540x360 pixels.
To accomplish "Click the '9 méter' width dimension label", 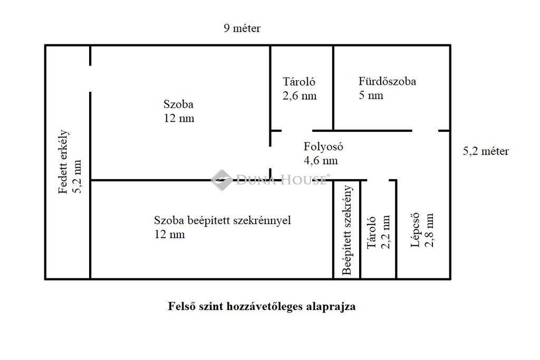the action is (x=242, y=28).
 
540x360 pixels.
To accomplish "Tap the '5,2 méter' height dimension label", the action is (x=486, y=151).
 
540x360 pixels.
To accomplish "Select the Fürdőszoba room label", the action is (x=387, y=81).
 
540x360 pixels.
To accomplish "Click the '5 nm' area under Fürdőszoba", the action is (x=371, y=95).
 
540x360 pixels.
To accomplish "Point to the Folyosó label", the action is (x=323, y=147).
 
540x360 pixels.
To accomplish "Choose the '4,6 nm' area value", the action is (x=321, y=160).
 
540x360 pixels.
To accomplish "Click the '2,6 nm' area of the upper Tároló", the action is (x=300, y=96).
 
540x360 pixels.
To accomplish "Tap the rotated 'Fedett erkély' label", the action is (x=63, y=162).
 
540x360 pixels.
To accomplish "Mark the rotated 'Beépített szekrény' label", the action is (x=347, y=230).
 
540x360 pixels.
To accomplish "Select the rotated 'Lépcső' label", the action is (x=416, y=230).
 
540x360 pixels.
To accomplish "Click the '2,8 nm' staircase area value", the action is (x=429, y=230).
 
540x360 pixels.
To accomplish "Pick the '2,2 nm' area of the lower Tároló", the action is (x=385, y=232).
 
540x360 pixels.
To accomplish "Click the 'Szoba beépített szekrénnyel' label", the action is (x=223, y=220).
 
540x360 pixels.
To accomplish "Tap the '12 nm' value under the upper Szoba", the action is (x=179, y=119).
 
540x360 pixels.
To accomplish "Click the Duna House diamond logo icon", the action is (x=221, y=180).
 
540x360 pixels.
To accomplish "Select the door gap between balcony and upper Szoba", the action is (x=90, y=79).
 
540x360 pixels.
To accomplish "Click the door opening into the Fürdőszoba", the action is (x=425, y=131).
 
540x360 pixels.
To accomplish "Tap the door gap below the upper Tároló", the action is (x=297, y=131).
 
